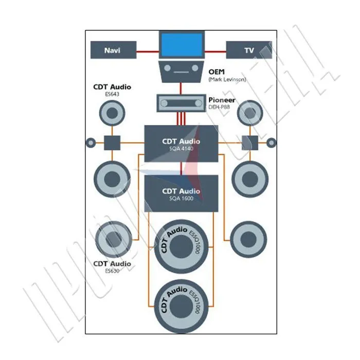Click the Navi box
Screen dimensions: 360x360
pos(113,50)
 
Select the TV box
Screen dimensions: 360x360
pos(248,50)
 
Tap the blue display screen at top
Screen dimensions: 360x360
pos(181,45)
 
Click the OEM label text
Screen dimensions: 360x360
pos(217,71)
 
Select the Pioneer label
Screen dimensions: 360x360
pos(222,100)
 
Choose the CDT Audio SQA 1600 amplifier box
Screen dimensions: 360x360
pos(181,194)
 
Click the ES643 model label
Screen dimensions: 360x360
pos(112,95)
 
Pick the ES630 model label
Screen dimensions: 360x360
pos(112,271)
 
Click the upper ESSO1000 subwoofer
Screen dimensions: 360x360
pos(181,246)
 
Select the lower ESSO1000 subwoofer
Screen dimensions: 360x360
pos(181,306)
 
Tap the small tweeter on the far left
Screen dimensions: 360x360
pos(91,142)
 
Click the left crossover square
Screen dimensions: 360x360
pos(112,142)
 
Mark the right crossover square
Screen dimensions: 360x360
pos(249,142)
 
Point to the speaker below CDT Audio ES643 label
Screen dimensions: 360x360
pos(112,113)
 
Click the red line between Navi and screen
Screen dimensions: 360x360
pos(148,50)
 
